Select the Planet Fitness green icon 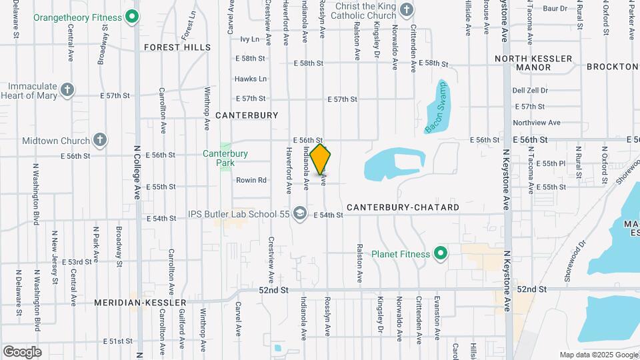[440, 253]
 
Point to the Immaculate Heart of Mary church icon [66, 89]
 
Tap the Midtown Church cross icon [99, 140]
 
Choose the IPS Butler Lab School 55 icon [300, 213]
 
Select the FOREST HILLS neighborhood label [177, 47]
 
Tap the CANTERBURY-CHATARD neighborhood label [403, 207]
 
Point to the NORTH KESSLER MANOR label [533, 63]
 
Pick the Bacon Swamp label [437, 106]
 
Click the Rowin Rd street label [251, 180]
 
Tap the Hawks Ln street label [251, 79]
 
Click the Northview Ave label [536, 123]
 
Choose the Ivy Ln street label [249, 40]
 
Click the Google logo [22, 351]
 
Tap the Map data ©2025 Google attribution [597, 355]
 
